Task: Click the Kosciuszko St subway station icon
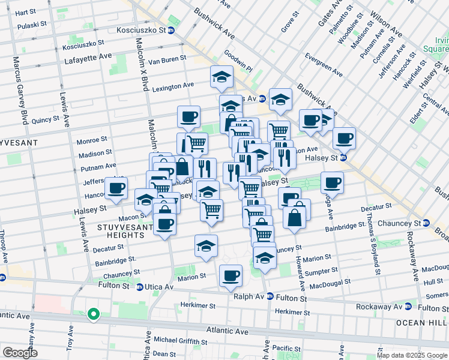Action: click(x=171, y=30)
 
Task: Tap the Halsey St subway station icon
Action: click(x=343, y=158)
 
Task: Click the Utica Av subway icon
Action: click(x=140, y=287)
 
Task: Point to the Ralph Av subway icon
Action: click(x=270, y=297)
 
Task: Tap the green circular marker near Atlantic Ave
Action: click(x=93, y=314)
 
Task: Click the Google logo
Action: click(x=20, y=353)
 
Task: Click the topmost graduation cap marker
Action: click(x=221, y=77)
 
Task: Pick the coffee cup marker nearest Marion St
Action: click(x=231, y=276)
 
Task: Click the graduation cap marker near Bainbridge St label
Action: click(x=206, y=246)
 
